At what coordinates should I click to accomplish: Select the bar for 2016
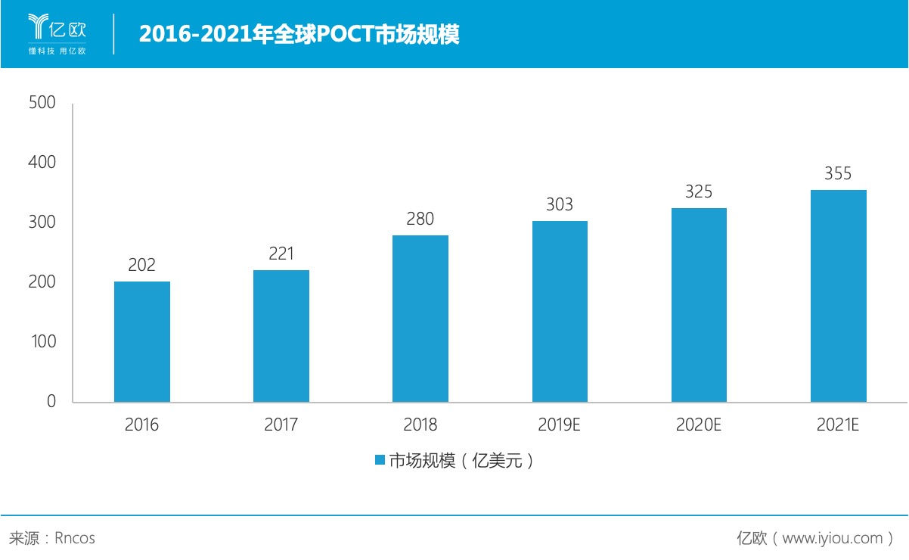pos(142,341)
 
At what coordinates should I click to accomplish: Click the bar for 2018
pos(420,319)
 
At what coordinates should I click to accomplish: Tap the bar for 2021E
pos(838,296)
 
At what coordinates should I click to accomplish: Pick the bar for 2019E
pos(560,311)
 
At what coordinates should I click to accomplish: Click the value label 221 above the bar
pos(281,254)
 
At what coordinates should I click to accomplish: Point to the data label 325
pos(699,191)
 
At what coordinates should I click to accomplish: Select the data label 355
pos(838,173)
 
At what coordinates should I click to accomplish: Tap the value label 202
pos(142,265)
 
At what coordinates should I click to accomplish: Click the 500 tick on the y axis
pos(42,102)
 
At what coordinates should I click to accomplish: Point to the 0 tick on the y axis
pos(51,401)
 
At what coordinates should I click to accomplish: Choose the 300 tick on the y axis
pos(42,222)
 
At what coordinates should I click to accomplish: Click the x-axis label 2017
pos(281,425)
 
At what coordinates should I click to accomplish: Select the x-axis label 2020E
pos(699,425)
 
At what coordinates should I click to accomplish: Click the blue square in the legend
pos(380,460)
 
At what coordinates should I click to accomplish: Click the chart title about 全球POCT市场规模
pos(299,34)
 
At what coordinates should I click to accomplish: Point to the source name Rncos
pos(75,538)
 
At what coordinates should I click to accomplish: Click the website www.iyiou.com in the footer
pos(833,538)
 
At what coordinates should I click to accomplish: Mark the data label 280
pos(420,219)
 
